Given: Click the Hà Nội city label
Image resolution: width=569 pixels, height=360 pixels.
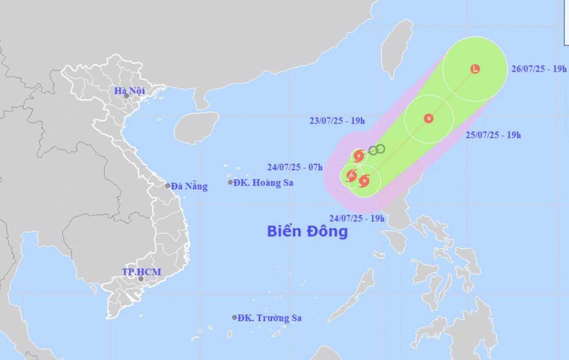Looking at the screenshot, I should click(129, 91).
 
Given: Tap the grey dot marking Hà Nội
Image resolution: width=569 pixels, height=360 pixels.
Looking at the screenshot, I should click(126, 95).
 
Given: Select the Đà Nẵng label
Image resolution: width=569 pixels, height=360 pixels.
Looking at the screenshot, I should click(189, 187).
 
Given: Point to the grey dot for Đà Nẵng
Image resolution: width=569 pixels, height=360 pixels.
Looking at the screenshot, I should click(168, 186).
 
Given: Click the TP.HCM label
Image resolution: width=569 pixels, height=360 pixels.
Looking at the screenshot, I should click(141, 272).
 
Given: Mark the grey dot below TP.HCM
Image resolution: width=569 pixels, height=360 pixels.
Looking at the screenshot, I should click(141, 279).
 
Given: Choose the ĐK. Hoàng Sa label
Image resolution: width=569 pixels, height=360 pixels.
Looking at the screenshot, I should click(263, 183).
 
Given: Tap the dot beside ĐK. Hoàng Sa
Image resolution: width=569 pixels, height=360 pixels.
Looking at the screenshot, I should click(230, 182).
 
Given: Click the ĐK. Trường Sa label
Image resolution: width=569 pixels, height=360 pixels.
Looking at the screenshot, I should click(269, 318).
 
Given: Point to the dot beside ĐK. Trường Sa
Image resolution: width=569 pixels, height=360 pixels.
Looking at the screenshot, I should click(235, 318).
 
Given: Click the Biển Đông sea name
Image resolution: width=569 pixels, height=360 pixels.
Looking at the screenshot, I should click(307, 231).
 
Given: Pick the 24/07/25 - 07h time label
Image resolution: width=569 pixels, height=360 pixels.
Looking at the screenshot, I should click(295, 167).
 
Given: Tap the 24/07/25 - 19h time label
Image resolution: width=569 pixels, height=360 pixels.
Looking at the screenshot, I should click(357, 218).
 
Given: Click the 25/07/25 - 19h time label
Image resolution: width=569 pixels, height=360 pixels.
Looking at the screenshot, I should click(493, 135).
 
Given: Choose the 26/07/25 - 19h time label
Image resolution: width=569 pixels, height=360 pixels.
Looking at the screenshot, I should click(539, 69).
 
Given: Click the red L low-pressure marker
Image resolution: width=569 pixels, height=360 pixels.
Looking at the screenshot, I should click(475, 69).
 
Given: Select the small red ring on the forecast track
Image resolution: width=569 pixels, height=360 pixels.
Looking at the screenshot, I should click(429, 118).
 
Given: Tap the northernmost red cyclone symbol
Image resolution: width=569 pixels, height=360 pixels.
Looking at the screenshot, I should click(358, 156).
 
